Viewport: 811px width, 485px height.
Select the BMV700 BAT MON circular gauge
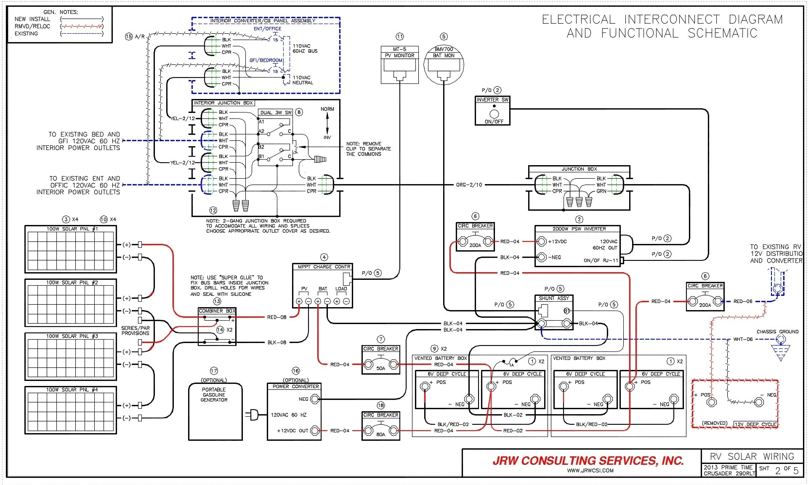pos(444,65)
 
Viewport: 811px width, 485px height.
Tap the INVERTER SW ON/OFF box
pos(492,111)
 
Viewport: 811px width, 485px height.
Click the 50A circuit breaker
pos(380,361)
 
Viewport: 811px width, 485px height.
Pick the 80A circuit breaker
pos(380,426)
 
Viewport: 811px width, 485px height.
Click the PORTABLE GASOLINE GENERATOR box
pos(215,411)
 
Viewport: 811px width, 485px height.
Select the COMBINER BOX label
pos(217,311)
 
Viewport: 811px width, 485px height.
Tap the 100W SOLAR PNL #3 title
pos(72,336)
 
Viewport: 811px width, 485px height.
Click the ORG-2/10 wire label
pos(469,185)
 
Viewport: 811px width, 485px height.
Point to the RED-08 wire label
pos(277,317)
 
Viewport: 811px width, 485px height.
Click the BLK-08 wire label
pos(277,342)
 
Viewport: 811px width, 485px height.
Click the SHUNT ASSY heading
pos(553,298)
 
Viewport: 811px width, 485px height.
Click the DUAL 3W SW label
pos(276,113)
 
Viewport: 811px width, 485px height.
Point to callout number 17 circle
pos(214,371)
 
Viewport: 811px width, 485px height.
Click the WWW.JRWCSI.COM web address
pos(590,471)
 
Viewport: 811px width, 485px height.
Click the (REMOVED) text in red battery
pos(714,423)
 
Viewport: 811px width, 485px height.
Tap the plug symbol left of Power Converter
pos(254,415)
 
